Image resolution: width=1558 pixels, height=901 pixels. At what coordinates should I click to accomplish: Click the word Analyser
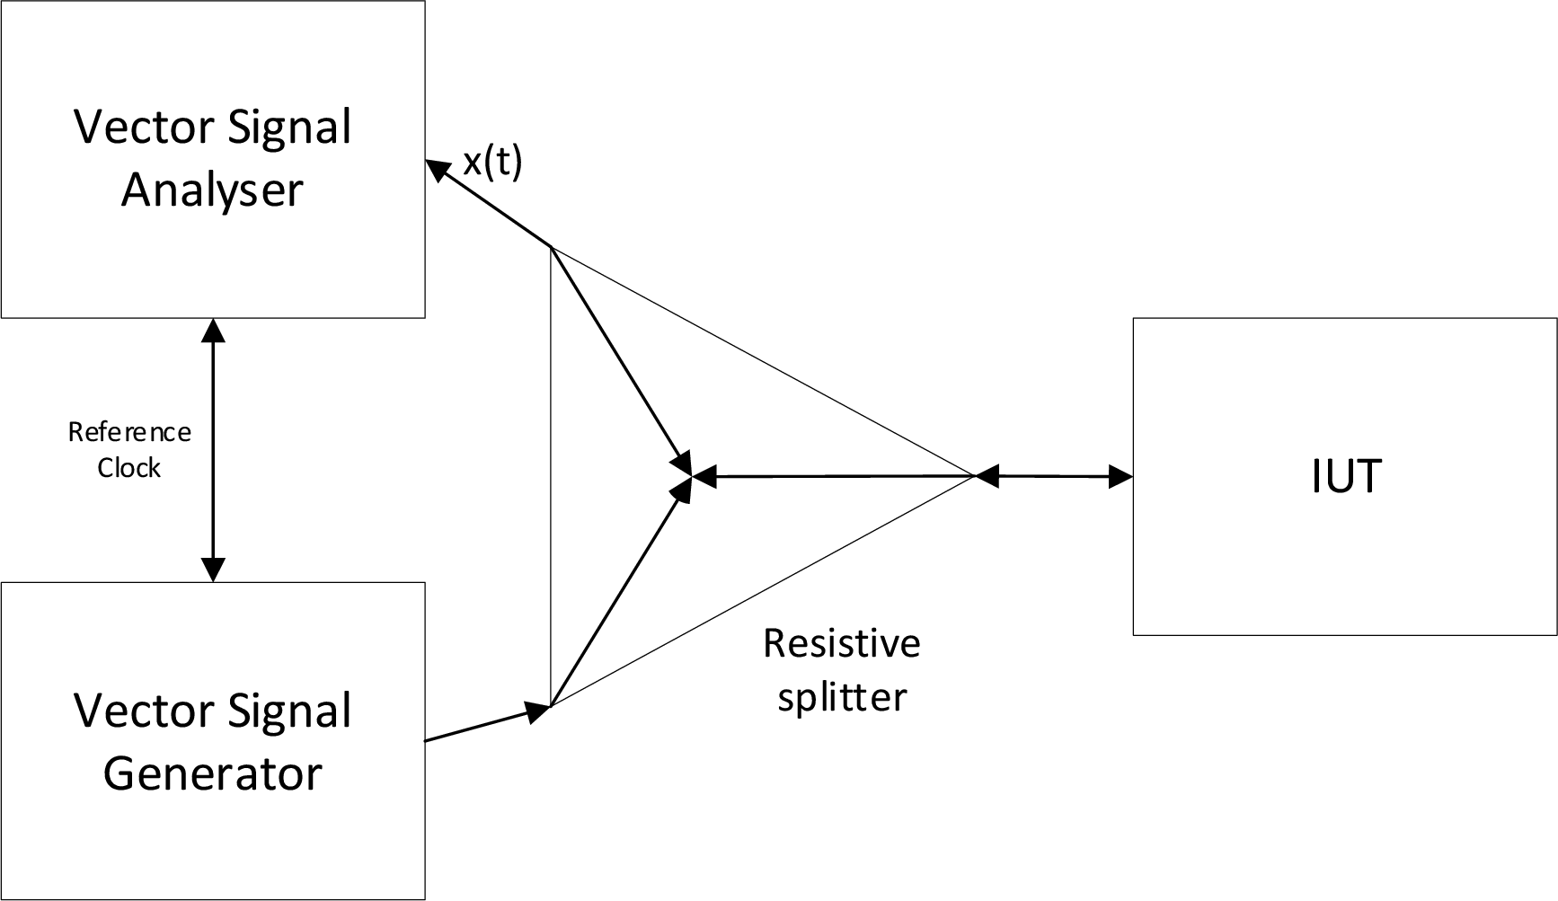coord(212,190)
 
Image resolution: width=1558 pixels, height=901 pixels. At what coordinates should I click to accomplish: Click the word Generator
coord(212,774)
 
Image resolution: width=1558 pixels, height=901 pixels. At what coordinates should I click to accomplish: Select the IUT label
coord(1345,477)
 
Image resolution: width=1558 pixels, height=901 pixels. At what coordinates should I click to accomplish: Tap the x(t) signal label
coord(492,163)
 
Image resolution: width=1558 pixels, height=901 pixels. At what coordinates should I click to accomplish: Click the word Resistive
coord(842,644)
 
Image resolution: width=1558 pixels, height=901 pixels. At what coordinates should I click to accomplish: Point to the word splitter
coord(842,698)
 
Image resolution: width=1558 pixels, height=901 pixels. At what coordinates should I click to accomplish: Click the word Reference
coord(129,433)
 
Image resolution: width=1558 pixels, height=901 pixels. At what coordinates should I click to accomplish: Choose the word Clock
coord(129,468)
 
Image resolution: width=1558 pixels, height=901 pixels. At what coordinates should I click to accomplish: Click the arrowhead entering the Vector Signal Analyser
coord(437,169)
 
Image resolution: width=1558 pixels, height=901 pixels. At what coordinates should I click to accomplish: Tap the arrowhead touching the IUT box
coord(1120,477)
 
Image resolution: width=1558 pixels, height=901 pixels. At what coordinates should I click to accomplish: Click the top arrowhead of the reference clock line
coord(213,330)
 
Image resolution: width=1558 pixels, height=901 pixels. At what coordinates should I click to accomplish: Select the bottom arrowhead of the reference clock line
coord(213,570)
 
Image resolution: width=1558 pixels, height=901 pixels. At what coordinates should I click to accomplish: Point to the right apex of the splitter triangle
coord(975,476)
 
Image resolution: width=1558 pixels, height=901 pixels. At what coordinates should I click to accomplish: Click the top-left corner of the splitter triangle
coord(551,247)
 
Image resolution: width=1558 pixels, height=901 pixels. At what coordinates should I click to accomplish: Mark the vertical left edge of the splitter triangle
coord(550,476)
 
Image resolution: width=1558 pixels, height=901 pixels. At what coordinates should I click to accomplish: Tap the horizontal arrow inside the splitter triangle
coord(836,476)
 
